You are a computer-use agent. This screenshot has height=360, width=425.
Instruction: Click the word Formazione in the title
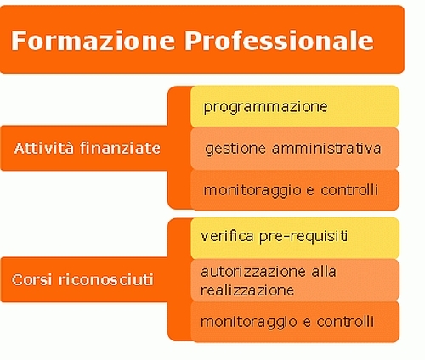93,41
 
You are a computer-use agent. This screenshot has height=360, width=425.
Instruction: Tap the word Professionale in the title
280,41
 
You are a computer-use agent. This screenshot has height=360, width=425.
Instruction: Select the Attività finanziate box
84,148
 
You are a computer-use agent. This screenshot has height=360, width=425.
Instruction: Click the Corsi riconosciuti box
84,279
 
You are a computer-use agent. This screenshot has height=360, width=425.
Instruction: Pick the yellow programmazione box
295,106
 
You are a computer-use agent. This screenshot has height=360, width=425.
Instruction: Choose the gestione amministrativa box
295,149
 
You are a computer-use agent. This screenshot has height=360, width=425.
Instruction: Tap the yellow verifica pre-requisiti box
295,239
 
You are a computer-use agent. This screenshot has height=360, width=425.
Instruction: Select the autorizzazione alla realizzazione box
295,280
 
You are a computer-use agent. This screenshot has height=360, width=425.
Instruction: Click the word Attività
44,148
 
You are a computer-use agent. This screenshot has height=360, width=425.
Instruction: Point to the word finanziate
120,148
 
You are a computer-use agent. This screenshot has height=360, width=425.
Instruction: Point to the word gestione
235,149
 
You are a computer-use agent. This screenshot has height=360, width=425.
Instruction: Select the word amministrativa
326,149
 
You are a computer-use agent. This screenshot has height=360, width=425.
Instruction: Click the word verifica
227,236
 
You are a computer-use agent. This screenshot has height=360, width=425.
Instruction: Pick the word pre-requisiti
303,237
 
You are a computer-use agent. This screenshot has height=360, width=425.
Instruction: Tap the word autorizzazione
253,272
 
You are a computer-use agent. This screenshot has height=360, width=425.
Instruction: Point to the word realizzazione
247,290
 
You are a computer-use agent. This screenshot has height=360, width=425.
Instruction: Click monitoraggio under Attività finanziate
252,191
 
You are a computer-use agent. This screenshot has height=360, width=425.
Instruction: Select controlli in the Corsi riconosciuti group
345,322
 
